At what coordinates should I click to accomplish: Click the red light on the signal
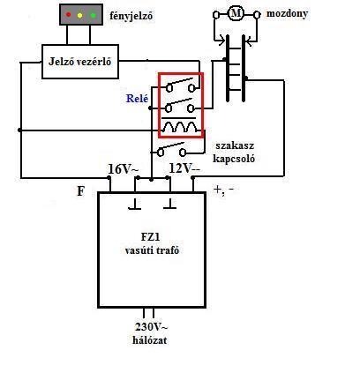click(x=69, y=14)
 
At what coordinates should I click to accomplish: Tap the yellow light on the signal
click(x=79, y=15)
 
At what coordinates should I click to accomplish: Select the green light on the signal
click(x=94, y=15)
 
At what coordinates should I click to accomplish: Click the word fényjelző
click(x=131, y=16)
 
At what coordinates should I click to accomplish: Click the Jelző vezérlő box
click(x=80, y=62)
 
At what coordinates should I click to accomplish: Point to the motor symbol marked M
click(x=235, y=13)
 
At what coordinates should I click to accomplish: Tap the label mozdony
click(x=287, y=13)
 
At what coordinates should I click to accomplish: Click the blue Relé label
click(x=138, y=99)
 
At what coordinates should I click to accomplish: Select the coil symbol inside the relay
click(x=180, y=126)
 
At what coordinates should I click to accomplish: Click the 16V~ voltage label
click(x=124, y=170)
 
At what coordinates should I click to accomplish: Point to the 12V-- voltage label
click(x=184, y=168)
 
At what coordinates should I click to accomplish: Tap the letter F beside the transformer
click(x=80, y=191)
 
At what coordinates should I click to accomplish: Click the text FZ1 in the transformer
click(x=152, y=237)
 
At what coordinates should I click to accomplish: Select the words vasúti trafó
click(x=152, y=250)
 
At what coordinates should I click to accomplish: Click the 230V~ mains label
click(x=152, y=327)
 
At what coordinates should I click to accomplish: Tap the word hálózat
click(x=150, y=340)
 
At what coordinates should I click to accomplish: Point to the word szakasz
click(x=235, y=145)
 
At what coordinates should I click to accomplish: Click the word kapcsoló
click(x=234, y=159)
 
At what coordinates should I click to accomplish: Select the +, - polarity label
click(x=224, y=190)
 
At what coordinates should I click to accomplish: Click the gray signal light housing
click(x=81, y=15)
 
